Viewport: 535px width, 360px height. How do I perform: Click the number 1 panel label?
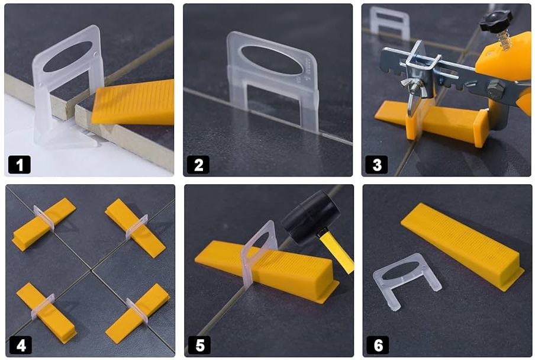pos(20,165)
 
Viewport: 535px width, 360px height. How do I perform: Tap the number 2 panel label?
pos(198,165)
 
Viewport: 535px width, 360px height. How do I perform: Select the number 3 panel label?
pos(376,165)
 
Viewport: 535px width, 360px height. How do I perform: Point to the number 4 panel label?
pos(21,345)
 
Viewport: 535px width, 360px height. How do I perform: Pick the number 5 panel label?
pos(199,345)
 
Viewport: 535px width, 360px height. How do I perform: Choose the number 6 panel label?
pos(378,345)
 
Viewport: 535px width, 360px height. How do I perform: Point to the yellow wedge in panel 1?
pos(133,102)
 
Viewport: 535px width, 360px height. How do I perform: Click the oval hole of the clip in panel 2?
pos(272,60)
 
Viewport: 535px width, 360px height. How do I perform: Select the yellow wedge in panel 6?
pos(463,245)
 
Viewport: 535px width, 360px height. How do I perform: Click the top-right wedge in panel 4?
pos(135,227)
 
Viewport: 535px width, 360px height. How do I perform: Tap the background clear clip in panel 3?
pos(390,21)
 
